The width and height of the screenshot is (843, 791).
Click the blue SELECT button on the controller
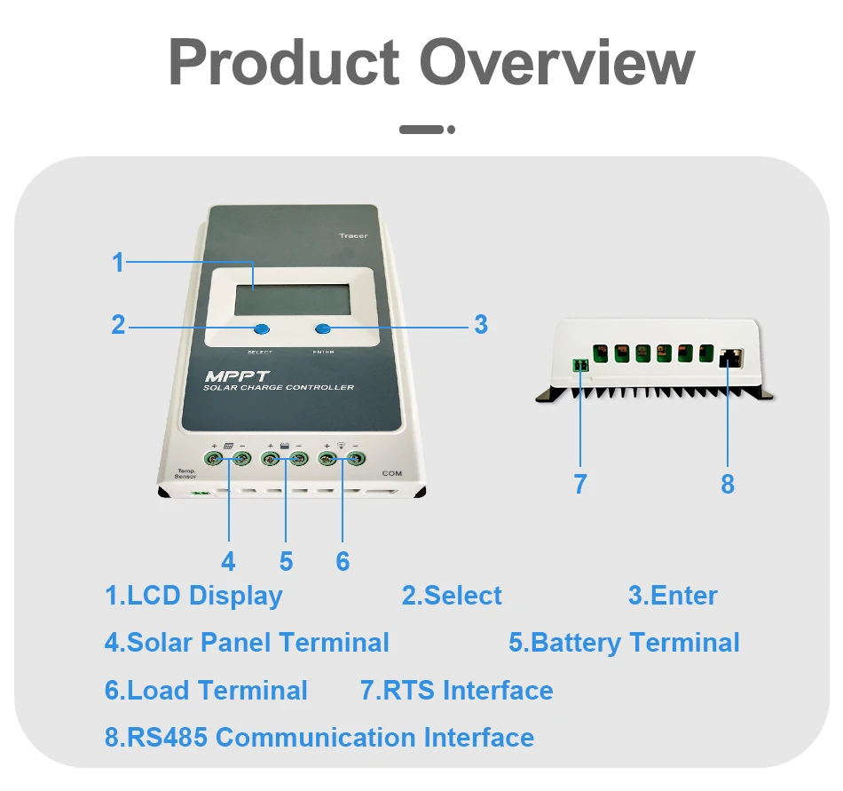pyautogui.click(x=261, y=329)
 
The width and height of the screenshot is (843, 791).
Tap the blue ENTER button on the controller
pyautogui.click(x=322, y=329)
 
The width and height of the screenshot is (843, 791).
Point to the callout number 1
pyautogui.click(x=118, y=263)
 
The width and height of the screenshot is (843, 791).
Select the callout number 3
pyautogui.click(x=481, y=324)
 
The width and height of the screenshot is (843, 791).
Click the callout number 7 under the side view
pyautogui.click(x=580, y=484)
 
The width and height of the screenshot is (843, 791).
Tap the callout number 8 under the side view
pyautogui.click(x=728, y=484)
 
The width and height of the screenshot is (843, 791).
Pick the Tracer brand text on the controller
pyautogui.click(x=352, y=235)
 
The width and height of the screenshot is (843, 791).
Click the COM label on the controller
pyautogui.click(x=391, y=473)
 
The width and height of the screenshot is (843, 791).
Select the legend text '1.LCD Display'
pyautogui.click(x=193, y=596)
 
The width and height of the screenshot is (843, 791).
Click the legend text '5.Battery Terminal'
pyautogui.click(x=624, y=643)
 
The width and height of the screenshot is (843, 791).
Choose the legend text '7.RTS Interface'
pyautogui.click(x=456, y=690)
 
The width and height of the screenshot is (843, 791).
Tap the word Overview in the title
pyautogui.click(x=556, y=63)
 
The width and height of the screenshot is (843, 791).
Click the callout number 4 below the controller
pyautogui.click(x=229, y=561)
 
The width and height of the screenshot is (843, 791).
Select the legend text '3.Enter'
pyautogui.click(x=673, y=596)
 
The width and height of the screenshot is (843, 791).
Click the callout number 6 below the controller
pyautogui.click(x=343, y=561)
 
